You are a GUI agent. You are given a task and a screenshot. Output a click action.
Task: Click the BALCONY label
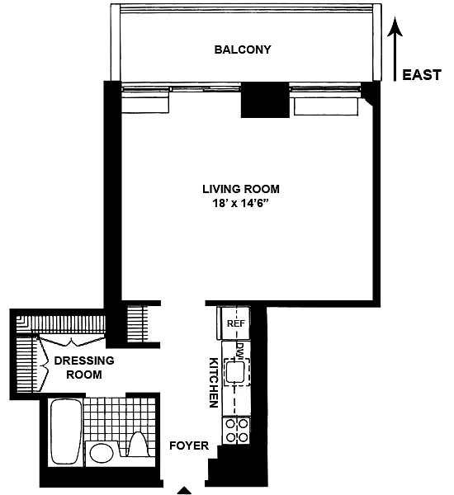[243, 49]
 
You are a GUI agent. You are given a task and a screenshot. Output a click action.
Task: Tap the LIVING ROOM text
[241, 189]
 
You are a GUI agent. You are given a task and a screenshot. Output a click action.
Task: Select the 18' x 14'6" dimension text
[241, 203]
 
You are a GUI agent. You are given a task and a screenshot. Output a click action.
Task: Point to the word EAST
[422, 75]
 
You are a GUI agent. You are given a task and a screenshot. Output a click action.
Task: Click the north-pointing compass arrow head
[395, 26]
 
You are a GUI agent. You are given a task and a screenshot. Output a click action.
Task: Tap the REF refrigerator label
[236, 323]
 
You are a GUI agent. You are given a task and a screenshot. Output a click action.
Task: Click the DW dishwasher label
[240, 350]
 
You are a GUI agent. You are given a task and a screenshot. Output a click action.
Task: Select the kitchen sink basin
[234, 371]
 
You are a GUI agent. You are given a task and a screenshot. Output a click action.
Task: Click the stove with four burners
[236, 431]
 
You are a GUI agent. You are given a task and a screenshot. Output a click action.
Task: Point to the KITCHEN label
[214, 382]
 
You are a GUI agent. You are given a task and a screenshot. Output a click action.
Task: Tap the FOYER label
[189, 445]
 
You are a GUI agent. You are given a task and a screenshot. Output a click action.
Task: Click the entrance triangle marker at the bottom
[184, 491]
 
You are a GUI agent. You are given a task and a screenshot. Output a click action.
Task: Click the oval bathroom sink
[102, 453]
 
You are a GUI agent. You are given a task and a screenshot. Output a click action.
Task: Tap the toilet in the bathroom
[137, 445]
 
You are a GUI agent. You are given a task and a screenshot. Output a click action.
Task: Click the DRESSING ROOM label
[84, 367]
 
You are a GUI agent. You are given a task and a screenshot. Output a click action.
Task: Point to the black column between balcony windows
[265, 100]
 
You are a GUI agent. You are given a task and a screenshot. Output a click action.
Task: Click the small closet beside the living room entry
[137, 324]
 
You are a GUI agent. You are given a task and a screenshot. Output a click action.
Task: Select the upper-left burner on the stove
[231, 423]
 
